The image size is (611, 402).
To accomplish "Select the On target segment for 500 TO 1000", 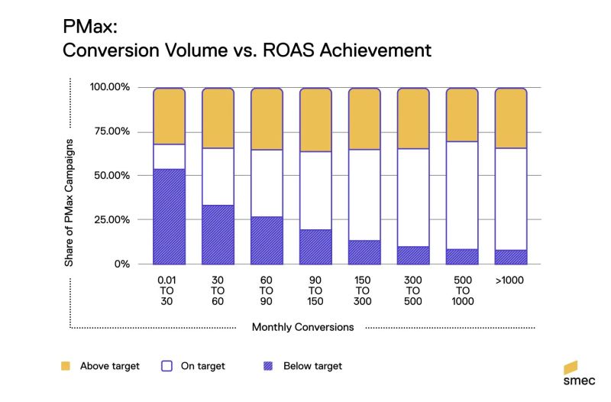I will point(462,195).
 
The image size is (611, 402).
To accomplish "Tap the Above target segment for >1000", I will point(511,118).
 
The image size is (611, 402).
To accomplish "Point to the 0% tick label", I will point(120,264).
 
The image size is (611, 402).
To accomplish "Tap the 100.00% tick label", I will point(110,87).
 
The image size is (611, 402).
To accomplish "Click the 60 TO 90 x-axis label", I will point(267,290).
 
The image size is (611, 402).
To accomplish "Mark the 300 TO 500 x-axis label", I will point(413,290).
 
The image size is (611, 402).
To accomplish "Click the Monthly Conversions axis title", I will point(303,328).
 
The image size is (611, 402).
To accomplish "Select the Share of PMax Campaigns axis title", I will point(69,203).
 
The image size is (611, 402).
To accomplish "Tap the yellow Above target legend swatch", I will point(64,366).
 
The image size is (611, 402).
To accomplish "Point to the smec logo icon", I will point(570,367).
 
